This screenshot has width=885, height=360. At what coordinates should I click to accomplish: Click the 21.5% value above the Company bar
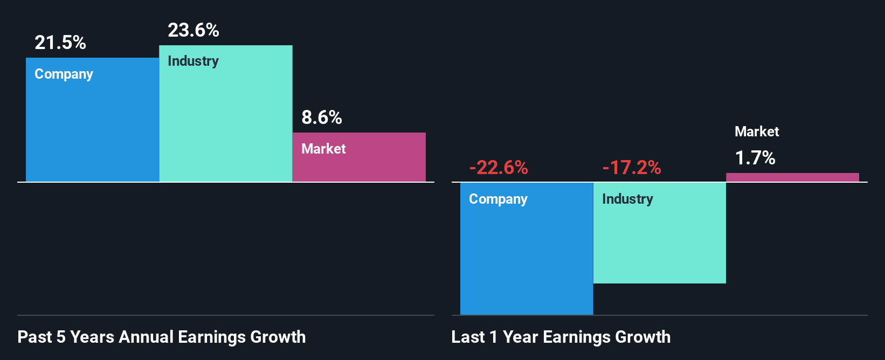pos(60,43)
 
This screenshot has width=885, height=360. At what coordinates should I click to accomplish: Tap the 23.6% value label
pos(193,30)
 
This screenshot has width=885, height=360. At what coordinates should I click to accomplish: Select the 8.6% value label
pos(322,117)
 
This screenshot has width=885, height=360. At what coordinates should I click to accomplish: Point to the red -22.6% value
pos(499,168)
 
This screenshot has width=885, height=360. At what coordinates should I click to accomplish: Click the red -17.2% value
pos(632,168)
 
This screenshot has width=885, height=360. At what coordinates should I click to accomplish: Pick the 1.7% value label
pos(755,158)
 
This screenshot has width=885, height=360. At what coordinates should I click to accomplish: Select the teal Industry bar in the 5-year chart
pos(226,124)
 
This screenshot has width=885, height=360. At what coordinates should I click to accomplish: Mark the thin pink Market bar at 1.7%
pos(792,177)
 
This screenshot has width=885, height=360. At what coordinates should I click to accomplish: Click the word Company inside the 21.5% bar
pos(64,74)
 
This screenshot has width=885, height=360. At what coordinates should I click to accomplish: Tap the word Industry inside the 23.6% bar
pos(193,61)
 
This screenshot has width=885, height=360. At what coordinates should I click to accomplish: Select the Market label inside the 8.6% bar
pos(323,149)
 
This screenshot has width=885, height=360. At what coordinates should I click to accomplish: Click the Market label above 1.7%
pos(757,131)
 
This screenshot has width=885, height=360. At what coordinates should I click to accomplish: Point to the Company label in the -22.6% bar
pos(498,199)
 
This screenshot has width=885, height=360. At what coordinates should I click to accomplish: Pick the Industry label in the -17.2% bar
pos(627,199)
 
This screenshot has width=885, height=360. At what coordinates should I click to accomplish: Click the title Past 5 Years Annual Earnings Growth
pos(162,337)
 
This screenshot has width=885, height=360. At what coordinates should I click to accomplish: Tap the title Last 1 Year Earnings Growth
pos(561,337)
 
